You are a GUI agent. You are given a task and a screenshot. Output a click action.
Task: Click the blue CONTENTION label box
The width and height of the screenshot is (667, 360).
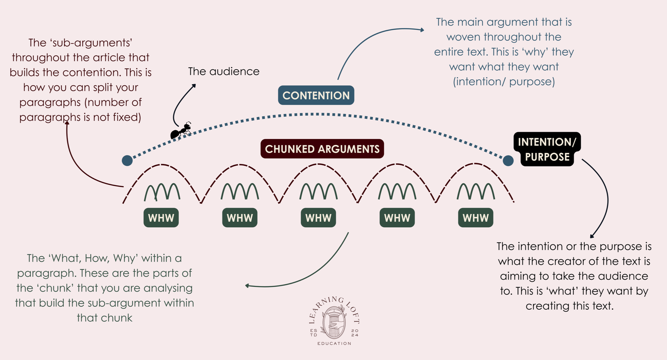[x=316, y=95]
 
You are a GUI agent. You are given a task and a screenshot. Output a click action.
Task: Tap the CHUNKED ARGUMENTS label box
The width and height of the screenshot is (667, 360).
[x=322, y=149]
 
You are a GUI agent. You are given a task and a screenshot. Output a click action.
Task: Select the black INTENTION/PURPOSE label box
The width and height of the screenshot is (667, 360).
[x=547, y=149]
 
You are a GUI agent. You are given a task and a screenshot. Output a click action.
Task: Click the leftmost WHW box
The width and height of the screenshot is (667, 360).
[x=161, y=218]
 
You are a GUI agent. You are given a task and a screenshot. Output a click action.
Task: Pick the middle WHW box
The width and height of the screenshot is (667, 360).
[x=318, y=218]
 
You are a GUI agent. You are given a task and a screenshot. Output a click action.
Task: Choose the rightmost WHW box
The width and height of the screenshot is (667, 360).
[x=476, y=218]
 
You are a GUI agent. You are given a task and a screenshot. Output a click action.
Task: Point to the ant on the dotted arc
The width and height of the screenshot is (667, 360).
[x=181, y=131]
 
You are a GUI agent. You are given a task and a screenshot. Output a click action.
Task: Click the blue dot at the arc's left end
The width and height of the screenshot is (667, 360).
[x=127, y=161]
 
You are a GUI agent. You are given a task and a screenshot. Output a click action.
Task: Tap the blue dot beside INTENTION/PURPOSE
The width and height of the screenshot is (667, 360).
[x=508, y=161]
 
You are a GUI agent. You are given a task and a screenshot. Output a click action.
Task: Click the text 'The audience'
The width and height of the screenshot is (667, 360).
[x=224, y=71]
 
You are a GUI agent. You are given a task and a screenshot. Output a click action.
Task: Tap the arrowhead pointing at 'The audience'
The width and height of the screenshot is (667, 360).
[x=194, y=85]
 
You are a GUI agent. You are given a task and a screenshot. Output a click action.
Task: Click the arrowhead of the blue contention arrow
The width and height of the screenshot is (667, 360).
[x=422, y=30]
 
